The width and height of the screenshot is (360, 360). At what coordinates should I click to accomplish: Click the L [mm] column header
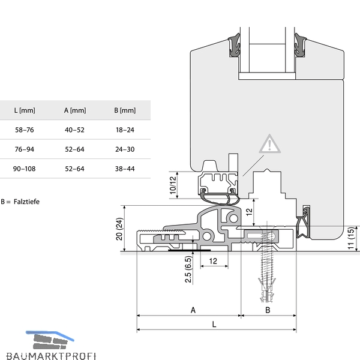coord(25,110)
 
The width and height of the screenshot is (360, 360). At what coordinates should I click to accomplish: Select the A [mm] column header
coord(75,110)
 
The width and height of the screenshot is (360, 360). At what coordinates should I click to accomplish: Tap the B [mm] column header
coord(125,110)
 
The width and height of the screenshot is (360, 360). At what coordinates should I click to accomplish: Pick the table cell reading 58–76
coord(25,130)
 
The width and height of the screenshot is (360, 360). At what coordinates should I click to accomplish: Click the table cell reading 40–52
coord(74,130)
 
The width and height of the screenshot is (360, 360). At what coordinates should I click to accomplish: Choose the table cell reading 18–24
coord(125,130)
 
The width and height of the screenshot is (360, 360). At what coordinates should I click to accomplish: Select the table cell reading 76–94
coord(25,149)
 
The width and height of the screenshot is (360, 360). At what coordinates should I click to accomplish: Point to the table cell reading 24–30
coord(125,149)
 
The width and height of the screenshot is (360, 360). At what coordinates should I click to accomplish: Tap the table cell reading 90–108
coord(25,169)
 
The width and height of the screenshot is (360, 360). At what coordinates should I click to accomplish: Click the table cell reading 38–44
coord(125,169)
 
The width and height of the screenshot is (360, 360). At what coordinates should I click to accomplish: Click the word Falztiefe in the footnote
coord(26,202)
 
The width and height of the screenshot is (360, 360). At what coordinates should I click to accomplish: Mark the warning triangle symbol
coord(270,144)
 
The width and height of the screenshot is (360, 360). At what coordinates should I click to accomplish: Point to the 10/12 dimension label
coord(173,185)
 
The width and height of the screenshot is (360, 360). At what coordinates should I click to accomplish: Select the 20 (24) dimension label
coord(119,229)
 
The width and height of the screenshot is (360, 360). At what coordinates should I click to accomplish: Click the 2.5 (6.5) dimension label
coord(188,269)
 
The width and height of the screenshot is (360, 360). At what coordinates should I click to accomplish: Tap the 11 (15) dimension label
coord(351,238)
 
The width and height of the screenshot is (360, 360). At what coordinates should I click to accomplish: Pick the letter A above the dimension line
coord(193,310)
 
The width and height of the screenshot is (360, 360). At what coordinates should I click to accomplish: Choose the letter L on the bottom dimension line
coord(214,325)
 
